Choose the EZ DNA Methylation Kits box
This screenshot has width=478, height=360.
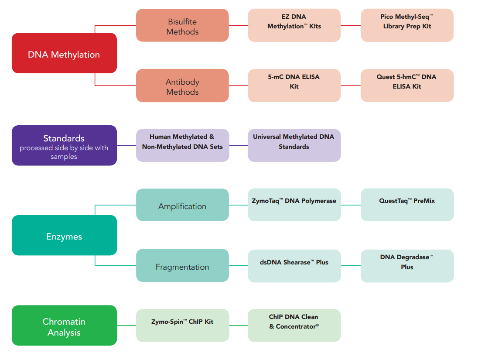[294, 25]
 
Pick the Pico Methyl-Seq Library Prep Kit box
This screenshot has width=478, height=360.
[407, 25]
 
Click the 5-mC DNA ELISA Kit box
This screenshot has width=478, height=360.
[294, 86]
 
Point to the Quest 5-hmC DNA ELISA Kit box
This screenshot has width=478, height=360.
[407, 86]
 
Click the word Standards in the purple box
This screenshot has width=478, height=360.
[64, 138]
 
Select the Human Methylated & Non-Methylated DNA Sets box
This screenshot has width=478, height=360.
[182, 145]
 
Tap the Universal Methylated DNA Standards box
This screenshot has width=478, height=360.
[294, 145]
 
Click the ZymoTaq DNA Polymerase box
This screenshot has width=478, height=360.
[294, 205]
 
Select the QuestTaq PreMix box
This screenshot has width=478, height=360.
[407, 205]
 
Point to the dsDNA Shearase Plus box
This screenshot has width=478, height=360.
[294, 265]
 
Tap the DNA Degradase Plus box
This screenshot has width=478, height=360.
[407, 265]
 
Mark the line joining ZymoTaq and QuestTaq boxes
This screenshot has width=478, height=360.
[351, 205]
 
